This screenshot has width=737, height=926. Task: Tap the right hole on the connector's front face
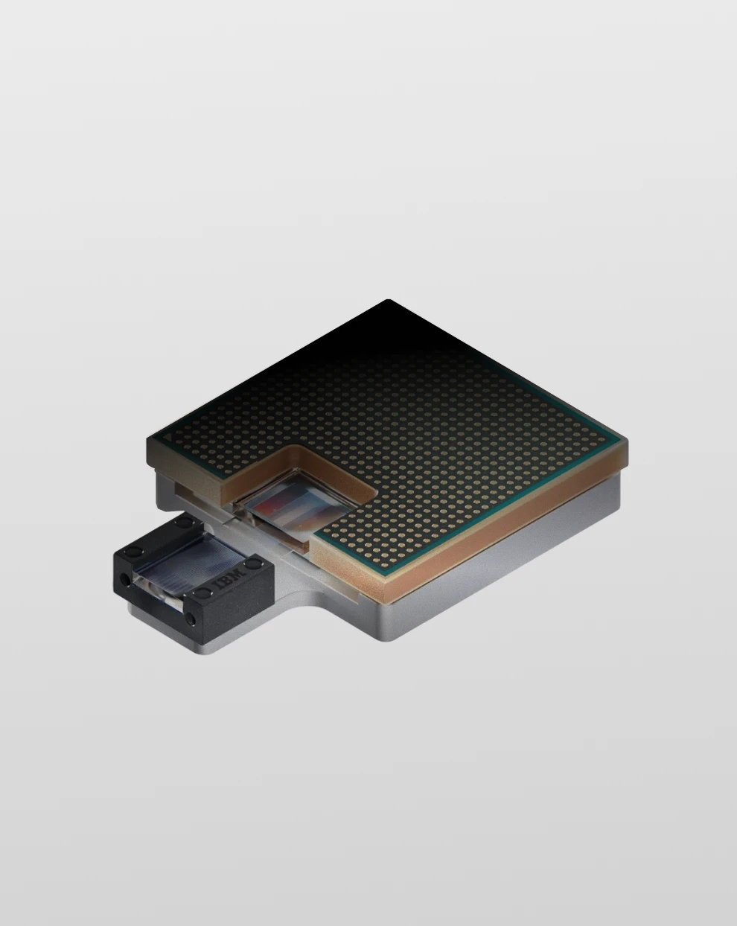[192, 619]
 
